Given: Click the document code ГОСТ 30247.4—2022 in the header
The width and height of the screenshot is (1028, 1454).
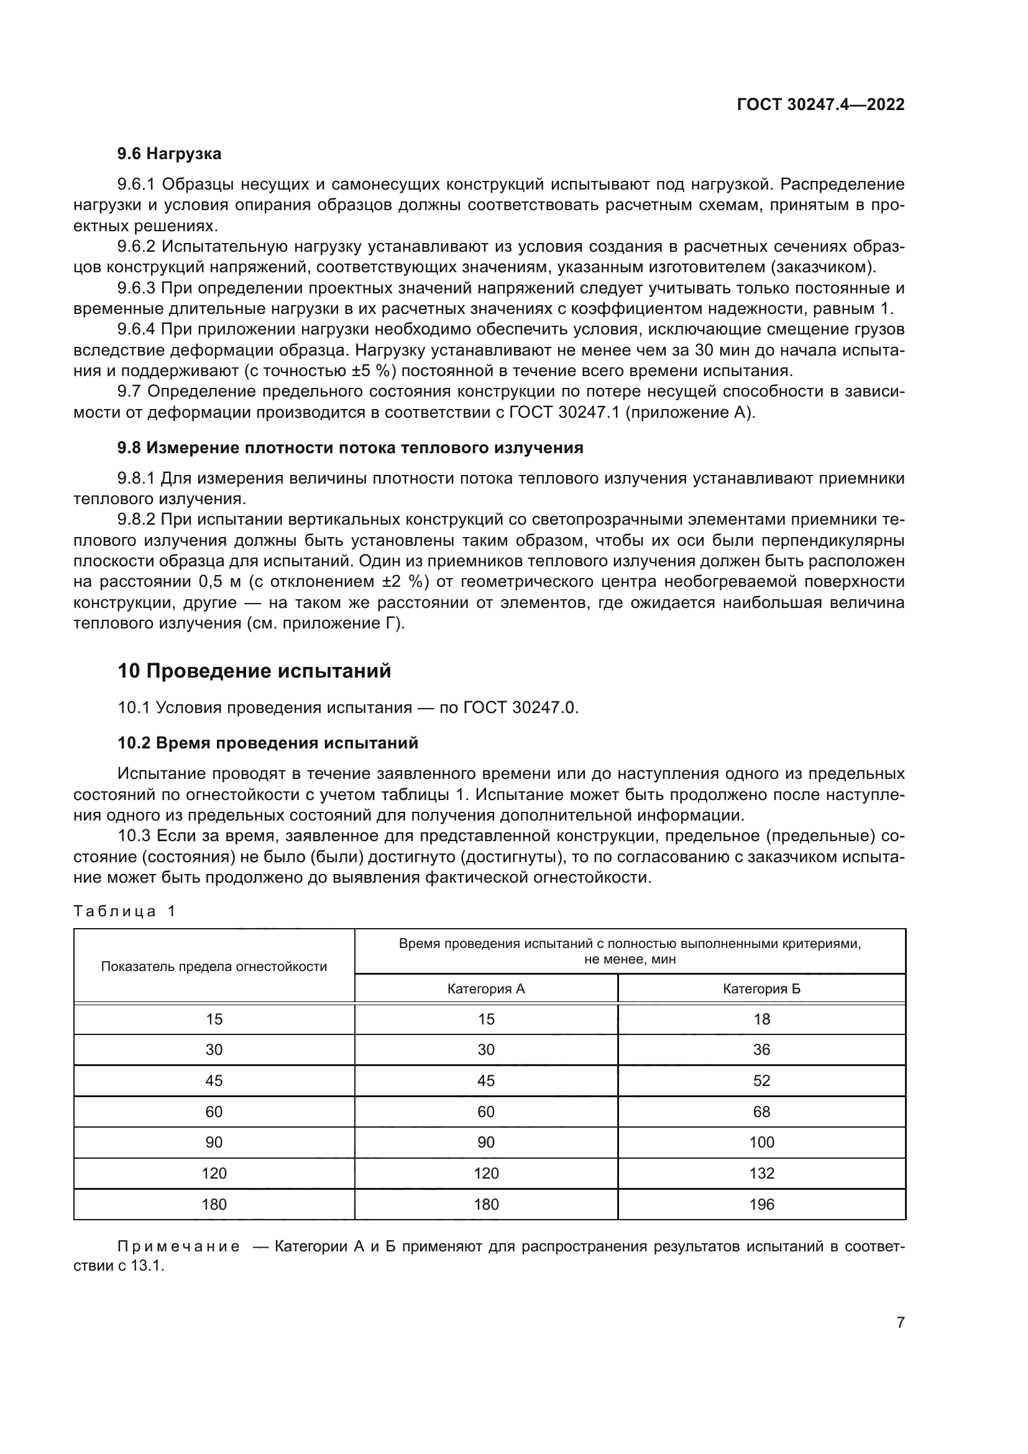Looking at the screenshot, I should pos(820,105).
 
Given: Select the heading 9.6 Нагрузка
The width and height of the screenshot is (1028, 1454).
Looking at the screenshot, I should pos(169,154).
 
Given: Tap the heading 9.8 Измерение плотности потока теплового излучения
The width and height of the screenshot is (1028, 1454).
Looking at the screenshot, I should pos(350,448).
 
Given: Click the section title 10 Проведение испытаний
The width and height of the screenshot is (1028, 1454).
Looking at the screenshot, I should pos(254,671).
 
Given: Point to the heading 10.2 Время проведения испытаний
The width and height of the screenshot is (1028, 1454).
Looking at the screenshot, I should pos(268,743).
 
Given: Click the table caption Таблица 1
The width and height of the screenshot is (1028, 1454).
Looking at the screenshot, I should pos(124,911).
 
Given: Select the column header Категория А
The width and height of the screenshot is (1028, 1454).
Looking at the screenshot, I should pos(485,989).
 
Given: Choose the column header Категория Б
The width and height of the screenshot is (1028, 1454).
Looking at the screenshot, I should pos(761,989).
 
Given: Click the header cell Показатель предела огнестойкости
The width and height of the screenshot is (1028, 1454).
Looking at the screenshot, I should pos(214,967).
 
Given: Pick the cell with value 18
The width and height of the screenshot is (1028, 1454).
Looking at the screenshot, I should pos(761,1019).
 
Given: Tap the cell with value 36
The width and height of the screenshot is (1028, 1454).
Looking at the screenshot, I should pos(761,1050).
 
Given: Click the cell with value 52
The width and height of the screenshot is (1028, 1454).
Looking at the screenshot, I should pos(761,1081).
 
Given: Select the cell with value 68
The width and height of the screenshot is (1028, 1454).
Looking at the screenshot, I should pos(761,1112).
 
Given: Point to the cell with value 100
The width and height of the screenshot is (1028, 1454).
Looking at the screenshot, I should pos(761,1143).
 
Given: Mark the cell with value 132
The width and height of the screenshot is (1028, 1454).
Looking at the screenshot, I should pos(761,1174).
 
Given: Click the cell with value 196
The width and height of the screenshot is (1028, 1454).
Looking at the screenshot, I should pos(761,1205).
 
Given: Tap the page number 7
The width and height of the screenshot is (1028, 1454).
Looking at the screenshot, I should pos(900,1322).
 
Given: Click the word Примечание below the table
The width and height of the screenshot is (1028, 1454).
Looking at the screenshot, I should pos(178,1247).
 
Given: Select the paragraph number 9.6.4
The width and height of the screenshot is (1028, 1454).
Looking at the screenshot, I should pos(136,329).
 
